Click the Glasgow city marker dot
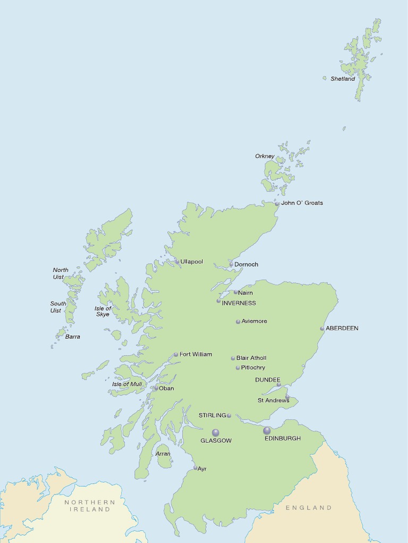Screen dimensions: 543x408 216,433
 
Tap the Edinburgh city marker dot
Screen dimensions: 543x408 267,431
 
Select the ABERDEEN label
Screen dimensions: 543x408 342,328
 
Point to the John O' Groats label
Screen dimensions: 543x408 302,203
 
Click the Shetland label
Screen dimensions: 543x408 343,79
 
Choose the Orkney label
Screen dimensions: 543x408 265,156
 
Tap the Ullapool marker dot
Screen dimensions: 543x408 177,261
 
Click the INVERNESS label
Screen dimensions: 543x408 239,303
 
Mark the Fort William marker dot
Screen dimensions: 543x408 176,355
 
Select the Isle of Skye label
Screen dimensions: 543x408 103,311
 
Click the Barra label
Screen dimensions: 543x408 73,337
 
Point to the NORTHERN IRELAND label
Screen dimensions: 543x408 90,505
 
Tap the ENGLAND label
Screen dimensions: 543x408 309,507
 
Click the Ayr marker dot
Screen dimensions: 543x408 195,468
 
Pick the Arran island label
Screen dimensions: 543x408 163,454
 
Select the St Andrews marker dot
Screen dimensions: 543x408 287,397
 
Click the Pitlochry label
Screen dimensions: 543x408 253,367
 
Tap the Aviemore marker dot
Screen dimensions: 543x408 238,321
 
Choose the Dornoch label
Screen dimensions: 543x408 246,264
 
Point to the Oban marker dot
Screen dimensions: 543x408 156,388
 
